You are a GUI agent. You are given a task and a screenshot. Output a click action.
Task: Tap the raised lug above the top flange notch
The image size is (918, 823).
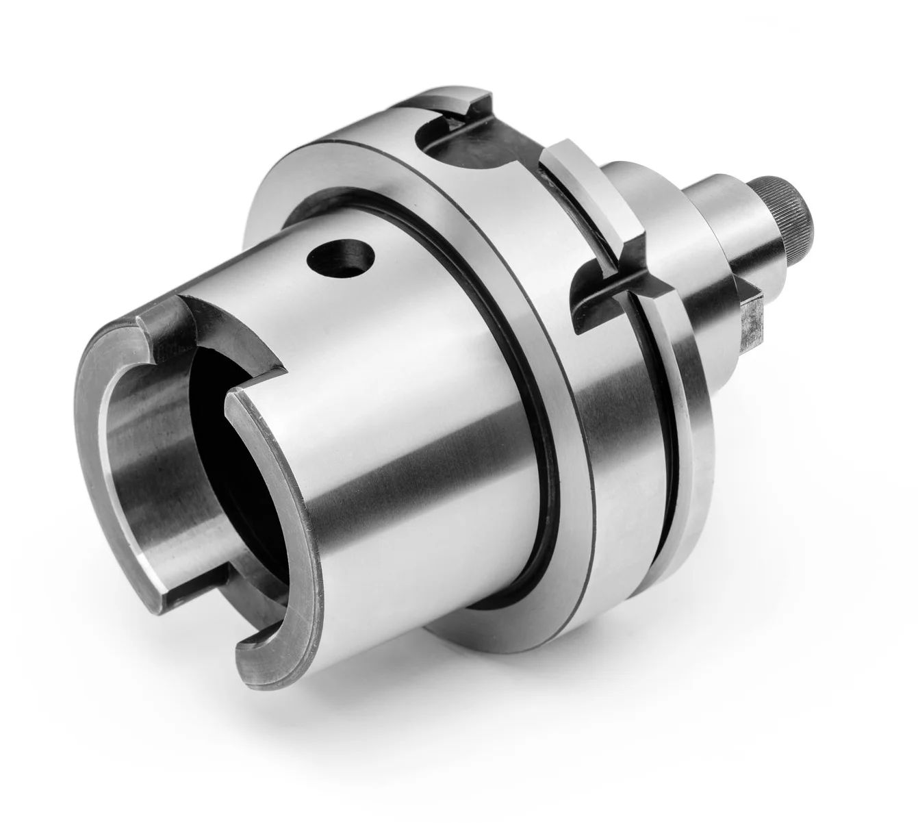pyautogui.click(x=452, y=103)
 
